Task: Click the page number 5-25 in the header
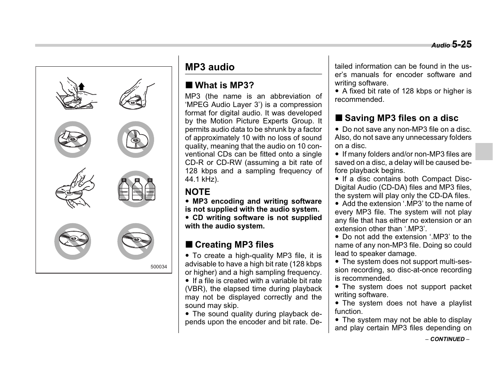click(462, 44)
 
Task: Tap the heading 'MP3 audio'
click(210, 67)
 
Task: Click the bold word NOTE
click(197, 192)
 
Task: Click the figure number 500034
click(158, 267)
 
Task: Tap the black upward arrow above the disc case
click(81, 86)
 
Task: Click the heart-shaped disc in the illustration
click(136, 140)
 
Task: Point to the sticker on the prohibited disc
click(65, 134)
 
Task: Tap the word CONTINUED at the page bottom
click(447, 339)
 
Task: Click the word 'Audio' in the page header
click(440, 46)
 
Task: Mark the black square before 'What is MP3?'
click(188, 85)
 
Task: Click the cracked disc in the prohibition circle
click(73, 241)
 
